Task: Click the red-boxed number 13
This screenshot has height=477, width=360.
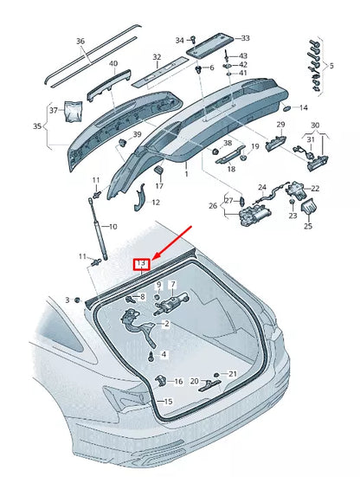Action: (x=140, y=263)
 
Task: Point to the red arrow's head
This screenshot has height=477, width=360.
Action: (x=153, y=256)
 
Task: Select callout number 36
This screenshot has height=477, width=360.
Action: (x=80, y=41)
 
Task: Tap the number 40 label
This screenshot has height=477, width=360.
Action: (x=113, y=63)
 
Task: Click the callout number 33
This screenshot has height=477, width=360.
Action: (x=244, y=38)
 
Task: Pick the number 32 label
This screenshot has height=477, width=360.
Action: (x=157, y=58)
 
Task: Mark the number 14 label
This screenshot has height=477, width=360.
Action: (x=303, y=108)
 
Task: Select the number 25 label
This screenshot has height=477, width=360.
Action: (x=306, y=226)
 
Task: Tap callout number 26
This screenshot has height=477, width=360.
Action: (x=213, y=206)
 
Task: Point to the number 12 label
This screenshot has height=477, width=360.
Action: (x=156, y=203)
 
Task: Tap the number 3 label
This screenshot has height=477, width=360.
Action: (x=67, y=300)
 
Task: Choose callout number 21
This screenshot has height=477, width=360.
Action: (x=232, y=373)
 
